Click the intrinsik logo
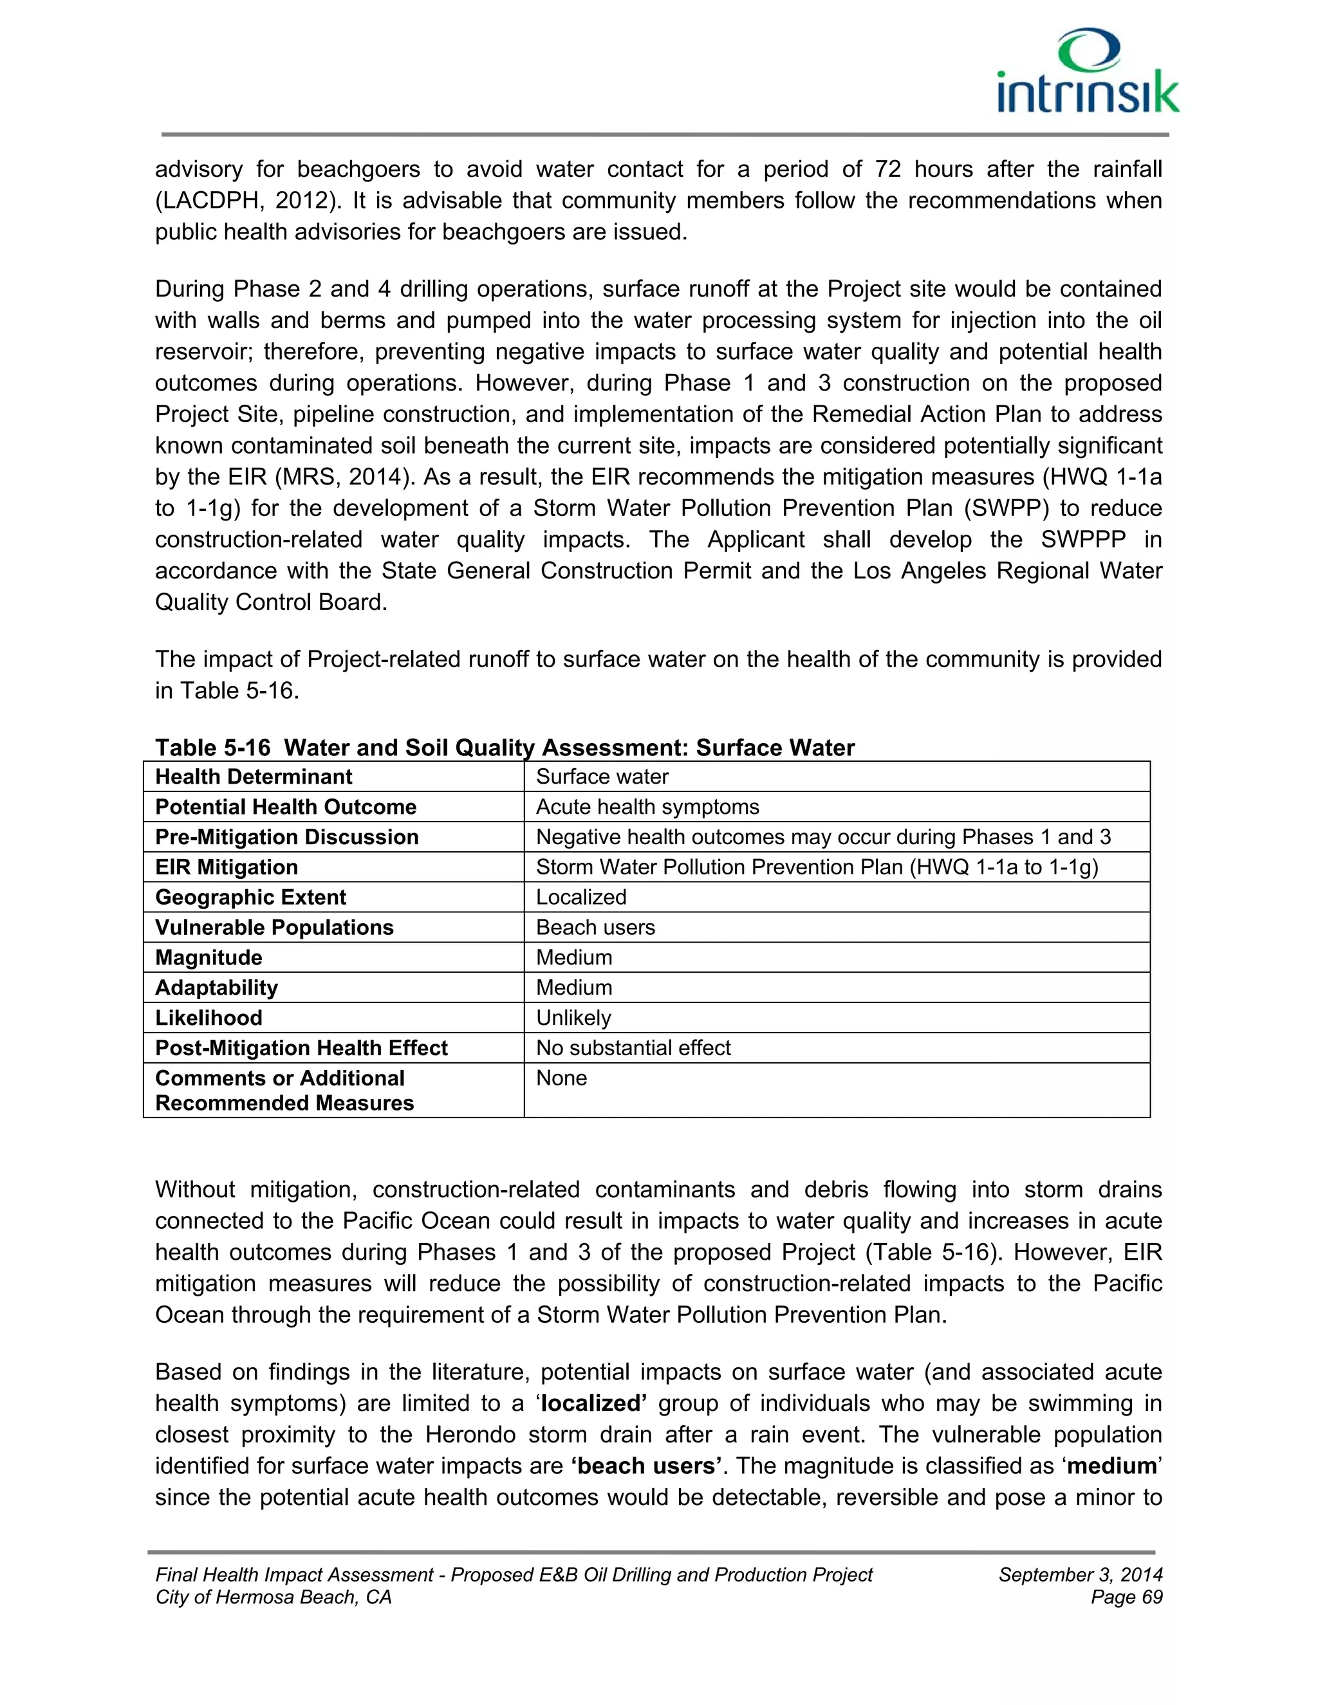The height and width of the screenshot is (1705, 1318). click(1088, 73)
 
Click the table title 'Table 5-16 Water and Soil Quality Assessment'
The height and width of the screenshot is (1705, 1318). click(505, 747)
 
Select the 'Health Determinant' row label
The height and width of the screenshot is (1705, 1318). click(254, 777)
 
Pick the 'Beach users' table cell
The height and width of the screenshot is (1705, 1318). click(595, 927)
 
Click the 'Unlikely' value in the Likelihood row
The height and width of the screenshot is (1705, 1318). click(573, 1018)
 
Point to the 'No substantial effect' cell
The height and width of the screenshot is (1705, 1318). click(633, 1047)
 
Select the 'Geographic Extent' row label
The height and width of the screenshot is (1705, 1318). click(250, 897)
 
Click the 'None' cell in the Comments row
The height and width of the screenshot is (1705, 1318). click(561, 1078)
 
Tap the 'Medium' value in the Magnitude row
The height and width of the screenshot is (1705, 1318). click(574, 957)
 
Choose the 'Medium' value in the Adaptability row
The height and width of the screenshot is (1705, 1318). click(574, 988)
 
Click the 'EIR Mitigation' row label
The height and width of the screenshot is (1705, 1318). click(227, 867)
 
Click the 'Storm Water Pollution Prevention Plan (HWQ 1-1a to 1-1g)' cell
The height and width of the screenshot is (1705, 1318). click(817, 867)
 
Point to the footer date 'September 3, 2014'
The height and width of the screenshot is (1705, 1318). click(1080, 1574)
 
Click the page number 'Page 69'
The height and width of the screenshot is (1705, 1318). click(1126, 1598)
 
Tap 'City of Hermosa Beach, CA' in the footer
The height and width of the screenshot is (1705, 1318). click(274, 1598)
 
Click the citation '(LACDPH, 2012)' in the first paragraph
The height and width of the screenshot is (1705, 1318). click(248, 201)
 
